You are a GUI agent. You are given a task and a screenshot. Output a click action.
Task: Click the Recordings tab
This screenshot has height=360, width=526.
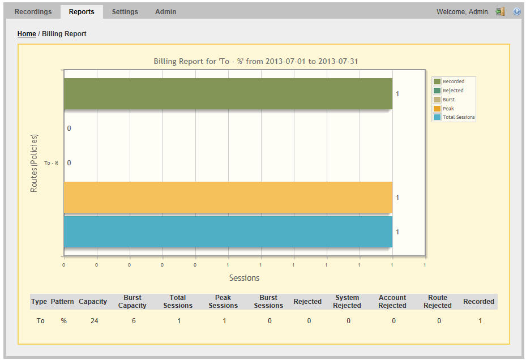pyautogui.click(x=33, y=11)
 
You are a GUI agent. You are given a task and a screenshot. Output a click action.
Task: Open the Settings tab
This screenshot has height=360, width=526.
pyautogui.click(x=125, y=11)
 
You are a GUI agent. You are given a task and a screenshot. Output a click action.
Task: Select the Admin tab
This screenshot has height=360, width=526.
pyautogui.click(x=165, y=11)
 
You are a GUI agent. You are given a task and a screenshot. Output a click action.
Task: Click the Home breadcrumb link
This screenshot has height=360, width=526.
pyautogui.click(x=27, y=34)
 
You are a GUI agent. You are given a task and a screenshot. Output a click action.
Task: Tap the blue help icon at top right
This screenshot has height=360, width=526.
pyautogui.click(x=516, y=11)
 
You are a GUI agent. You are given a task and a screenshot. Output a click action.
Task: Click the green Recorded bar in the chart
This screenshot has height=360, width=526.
pyautogui.click(x=228, y=94)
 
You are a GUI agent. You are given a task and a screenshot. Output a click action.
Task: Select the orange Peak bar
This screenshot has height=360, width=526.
pyautogui.click(x=228, y=197)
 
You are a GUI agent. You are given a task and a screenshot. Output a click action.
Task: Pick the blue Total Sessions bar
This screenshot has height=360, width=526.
pyautogui.click(x=228, y=232)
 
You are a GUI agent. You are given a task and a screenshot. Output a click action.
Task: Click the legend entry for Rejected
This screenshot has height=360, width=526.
pyautogui.click(x=452, y=91)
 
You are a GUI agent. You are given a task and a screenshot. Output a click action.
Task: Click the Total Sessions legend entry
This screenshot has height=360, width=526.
pyautogui.click(x=458, y=117)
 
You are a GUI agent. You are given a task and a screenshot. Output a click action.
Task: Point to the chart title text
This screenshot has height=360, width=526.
pyautogui.click(x=256, y=61)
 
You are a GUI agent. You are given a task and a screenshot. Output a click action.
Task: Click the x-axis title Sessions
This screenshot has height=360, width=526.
pyautogui.click(x=244, y=278)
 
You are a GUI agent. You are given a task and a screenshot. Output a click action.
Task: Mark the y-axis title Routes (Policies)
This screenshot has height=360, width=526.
pyautogui.click(x=34, y=163)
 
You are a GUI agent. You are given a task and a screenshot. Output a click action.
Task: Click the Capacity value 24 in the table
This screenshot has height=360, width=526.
pyautogui.click(x=94, y=321)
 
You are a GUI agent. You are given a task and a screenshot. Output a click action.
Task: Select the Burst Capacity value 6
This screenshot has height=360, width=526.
pyautogui.click(x=134, y=321)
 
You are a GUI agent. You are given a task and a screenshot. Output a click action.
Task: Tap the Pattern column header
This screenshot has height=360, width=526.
pyautogui.click(x=62, y=302)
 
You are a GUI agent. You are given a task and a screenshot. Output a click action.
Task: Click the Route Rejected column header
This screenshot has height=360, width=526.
pyautogui.click(x=438, y=302)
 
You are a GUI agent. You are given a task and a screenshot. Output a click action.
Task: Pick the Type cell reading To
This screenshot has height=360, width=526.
pyautogui.click(x=40, y=321)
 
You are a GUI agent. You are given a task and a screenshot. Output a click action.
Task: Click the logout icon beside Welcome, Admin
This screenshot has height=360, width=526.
pyautogui.click(x=500, y=11)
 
